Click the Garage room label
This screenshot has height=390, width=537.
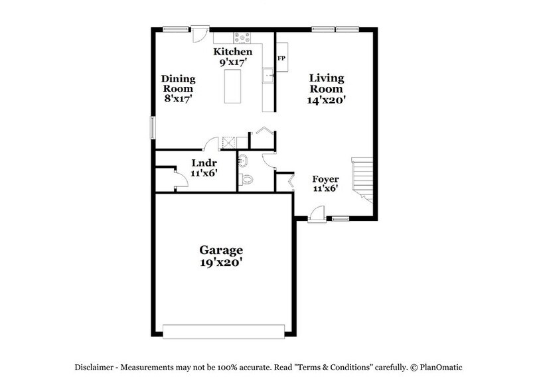click(x=222, y=250)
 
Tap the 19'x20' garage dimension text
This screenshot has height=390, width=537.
click(x=222, y=262)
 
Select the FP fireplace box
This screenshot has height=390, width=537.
click(x=281, y=58)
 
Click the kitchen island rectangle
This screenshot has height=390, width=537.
click(x=233, y=87)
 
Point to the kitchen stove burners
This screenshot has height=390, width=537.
click(x=242, y=37)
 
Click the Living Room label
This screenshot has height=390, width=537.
click(x=327, y=83)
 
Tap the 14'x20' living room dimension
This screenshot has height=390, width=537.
click(x=327, y=101)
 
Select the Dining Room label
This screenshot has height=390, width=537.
click(x=178, y=84)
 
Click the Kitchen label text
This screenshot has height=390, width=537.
click(x=232, y=52)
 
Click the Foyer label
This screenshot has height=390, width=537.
click(x=326, y=179)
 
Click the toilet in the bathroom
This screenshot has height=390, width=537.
click(x=246, y=179)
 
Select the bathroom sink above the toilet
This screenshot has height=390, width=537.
click(x=242, y=160)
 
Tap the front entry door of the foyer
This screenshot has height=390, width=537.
click(x=317, y=214)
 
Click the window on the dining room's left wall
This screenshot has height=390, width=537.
click(x=153, y=127)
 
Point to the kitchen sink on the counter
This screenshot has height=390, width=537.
click(x=268, y=76)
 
